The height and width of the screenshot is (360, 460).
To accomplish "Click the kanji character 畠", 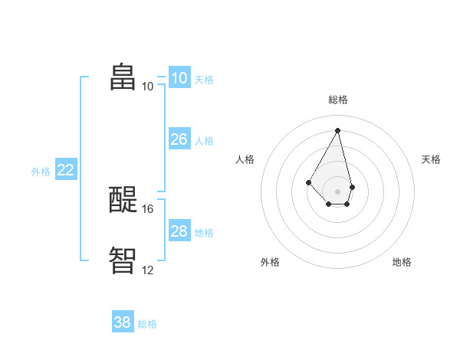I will pos(123,77).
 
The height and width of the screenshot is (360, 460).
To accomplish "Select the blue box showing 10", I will pos(179,78).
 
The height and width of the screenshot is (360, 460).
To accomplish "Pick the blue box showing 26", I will pos(179,139).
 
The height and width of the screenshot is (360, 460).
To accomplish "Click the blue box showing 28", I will pos(179,231).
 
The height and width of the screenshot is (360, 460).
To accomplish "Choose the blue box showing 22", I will pos(65,170).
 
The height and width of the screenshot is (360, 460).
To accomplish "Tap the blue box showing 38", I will pos(123,322).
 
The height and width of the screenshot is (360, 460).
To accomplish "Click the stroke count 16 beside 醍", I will pos(149,208).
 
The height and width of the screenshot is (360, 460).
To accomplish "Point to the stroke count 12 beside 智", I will pos(148,270).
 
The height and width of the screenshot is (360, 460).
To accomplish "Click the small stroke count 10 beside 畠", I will pos(148,86).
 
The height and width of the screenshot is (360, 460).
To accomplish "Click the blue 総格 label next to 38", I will pos(147,324).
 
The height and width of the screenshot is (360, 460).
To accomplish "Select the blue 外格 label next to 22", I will pos(41,172).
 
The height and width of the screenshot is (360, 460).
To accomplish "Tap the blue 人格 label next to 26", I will pos(204,141).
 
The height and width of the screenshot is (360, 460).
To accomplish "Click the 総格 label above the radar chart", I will pos(338,100).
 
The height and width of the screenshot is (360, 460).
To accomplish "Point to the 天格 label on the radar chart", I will pos(431,159).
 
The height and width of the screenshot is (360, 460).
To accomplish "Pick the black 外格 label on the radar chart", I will pos(270,262).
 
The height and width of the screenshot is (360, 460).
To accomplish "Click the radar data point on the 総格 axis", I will pos(338,129).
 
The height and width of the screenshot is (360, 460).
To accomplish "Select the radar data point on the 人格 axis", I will pos(309,182).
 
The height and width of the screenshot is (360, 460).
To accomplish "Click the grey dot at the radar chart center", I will pos(338,191).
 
